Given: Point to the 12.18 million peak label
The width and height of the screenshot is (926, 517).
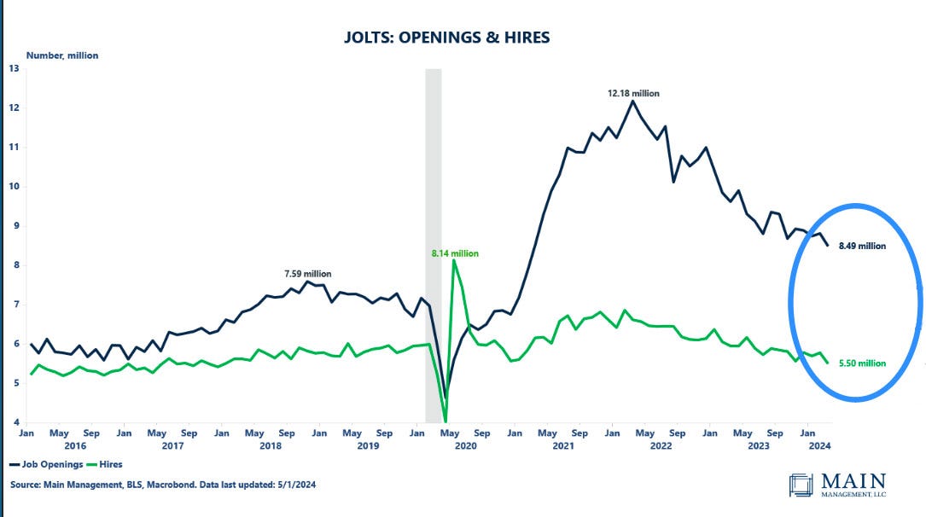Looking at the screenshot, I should pyautogui.click(x=633, y=94).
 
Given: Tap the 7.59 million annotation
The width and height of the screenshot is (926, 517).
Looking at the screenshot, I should pyautogui.click(x=307, y=274).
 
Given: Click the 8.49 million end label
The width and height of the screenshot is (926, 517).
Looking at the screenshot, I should pyautogui.click(x=860, y=246).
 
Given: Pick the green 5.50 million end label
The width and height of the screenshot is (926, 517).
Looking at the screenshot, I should pyautogui.click(x=860, y=363).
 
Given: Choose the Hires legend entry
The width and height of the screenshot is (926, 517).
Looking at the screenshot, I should pyautogui.click(x=104, y=465).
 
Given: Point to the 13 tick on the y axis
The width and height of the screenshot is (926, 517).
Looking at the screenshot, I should pyautogui.click(x=14, y=68).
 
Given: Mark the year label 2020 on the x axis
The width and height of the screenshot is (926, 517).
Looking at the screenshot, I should pyautogui.click(x=465, y=445).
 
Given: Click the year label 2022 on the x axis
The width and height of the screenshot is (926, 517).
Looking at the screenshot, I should pyautogui.click(x=661, y=445).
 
